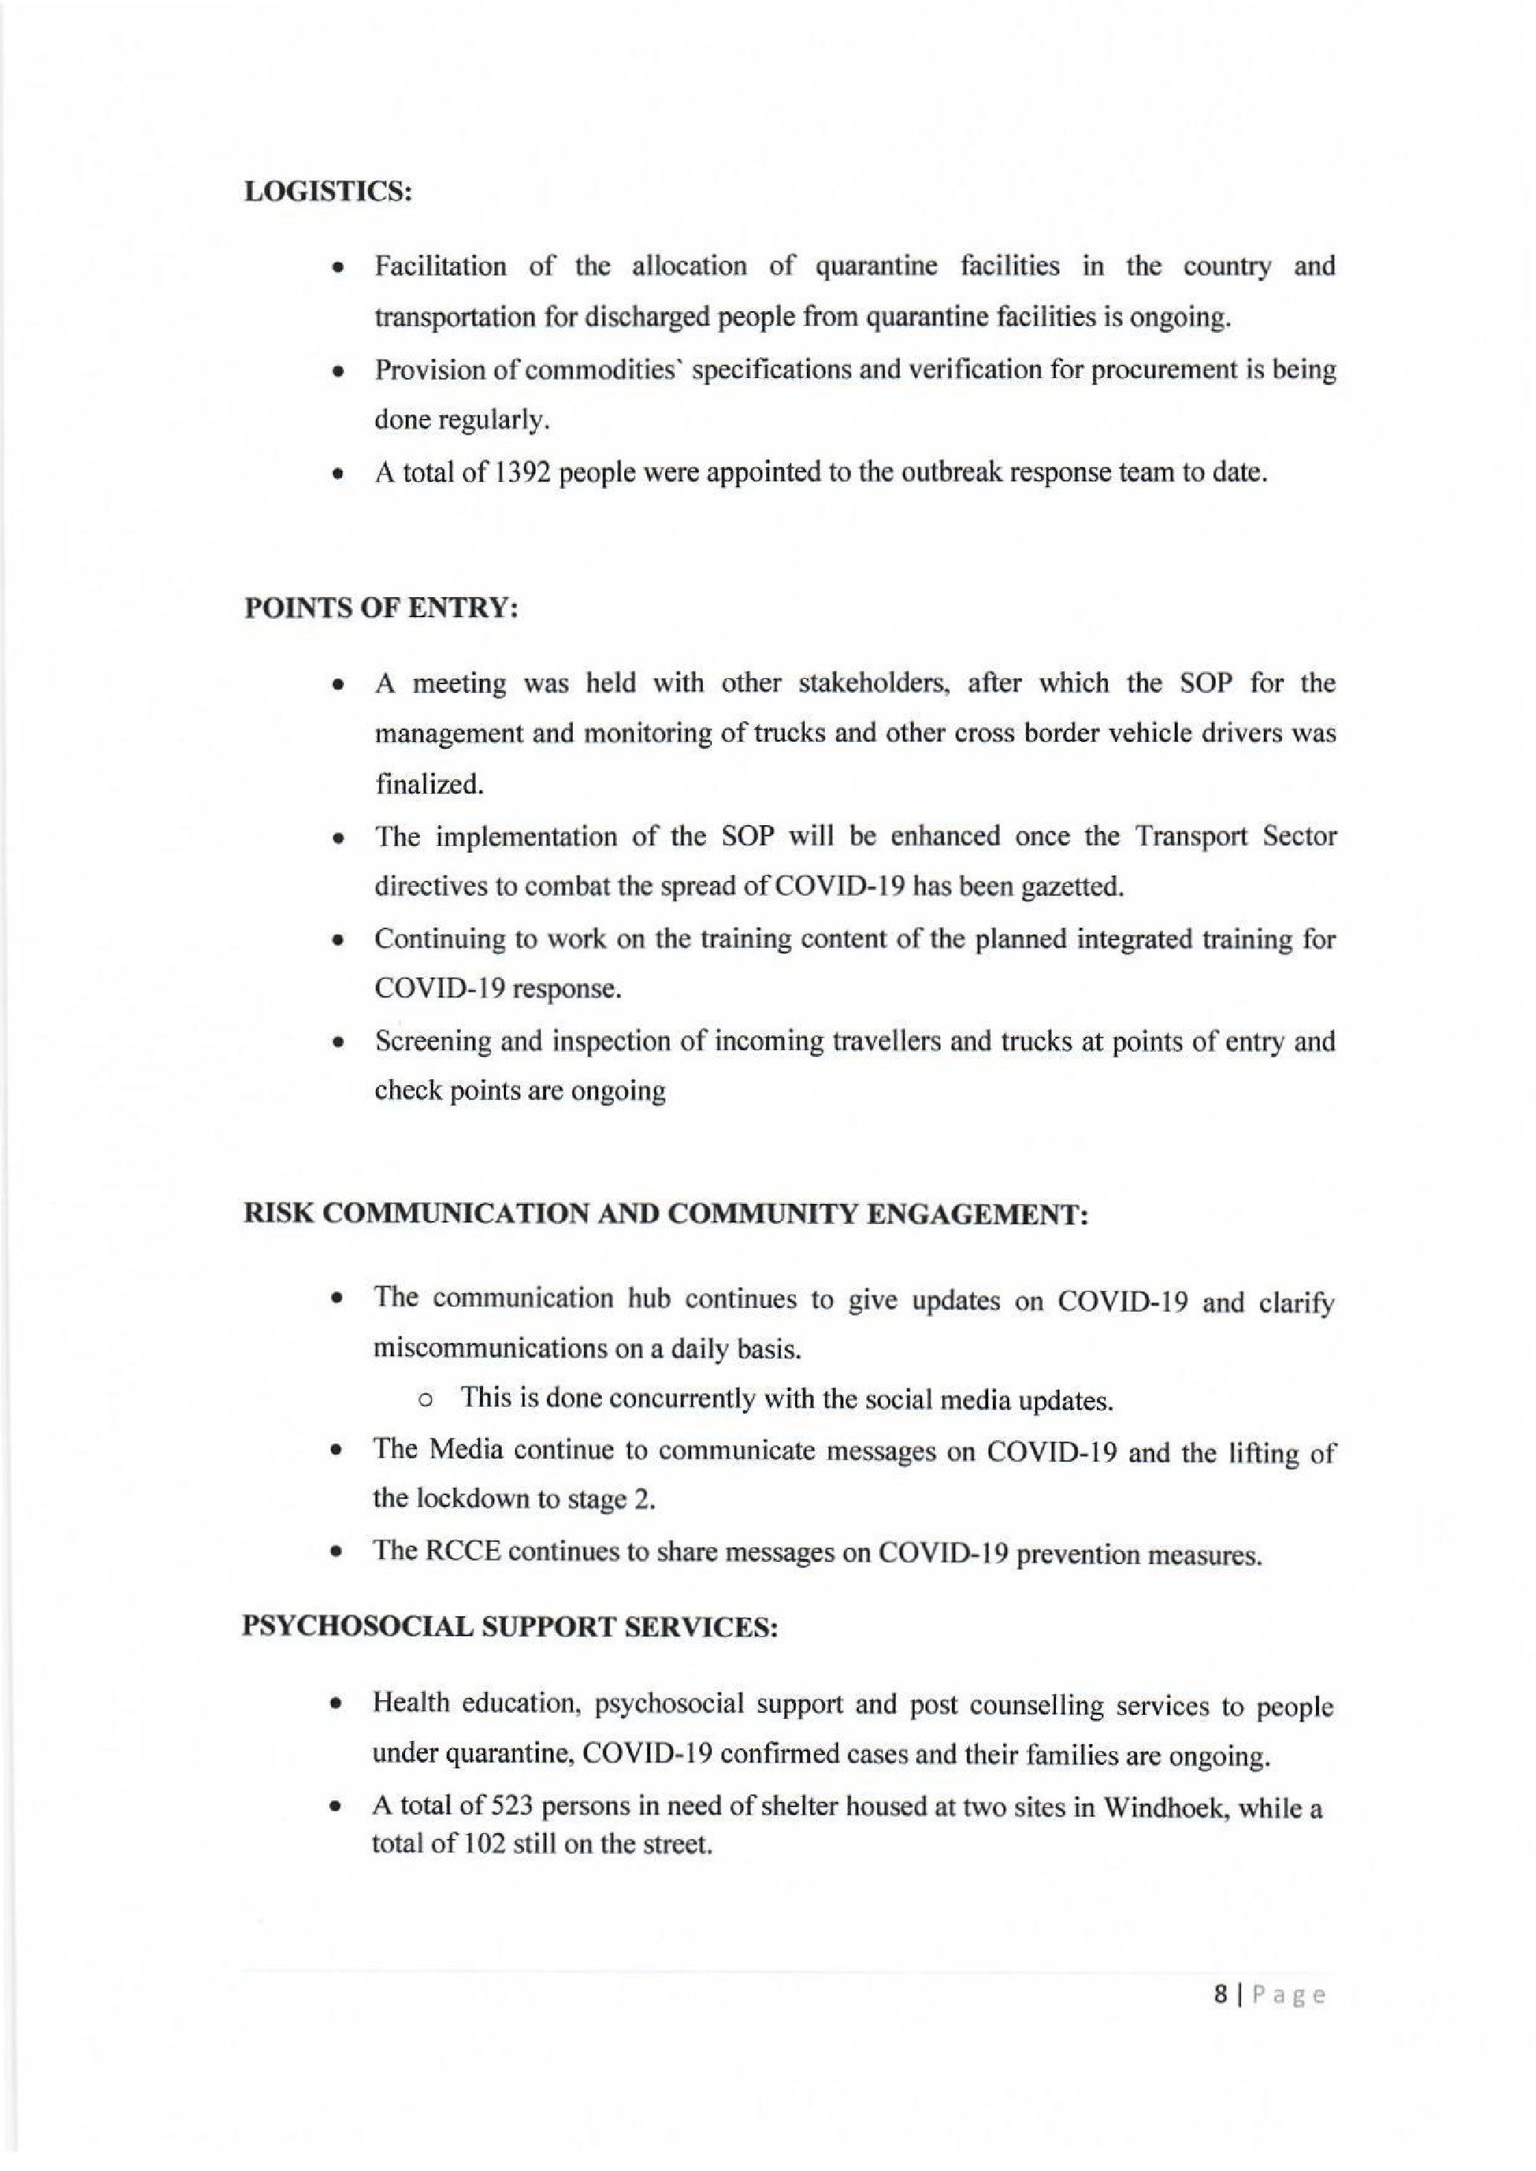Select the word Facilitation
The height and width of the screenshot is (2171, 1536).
[441, 266]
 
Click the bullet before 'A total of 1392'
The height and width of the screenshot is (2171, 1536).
[337, 474]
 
